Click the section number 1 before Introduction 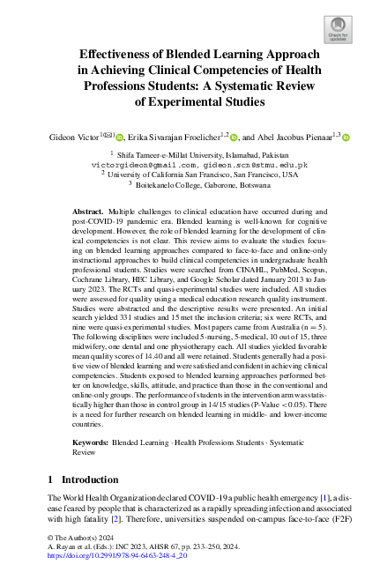48,480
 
